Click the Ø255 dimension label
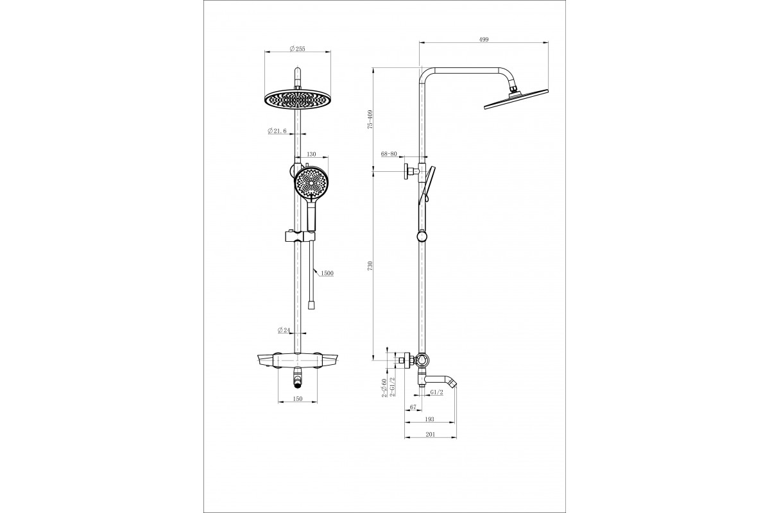coord(297,49)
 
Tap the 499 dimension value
coord(484,39)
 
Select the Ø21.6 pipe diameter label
coord(277,131)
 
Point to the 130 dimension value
coord(311,155)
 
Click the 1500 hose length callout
coord(327,273)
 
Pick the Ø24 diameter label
coord(284,330)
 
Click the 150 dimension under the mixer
coord(298,399)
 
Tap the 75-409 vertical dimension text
coord(370,119)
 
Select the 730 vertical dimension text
coord(370,265)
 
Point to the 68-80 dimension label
coord(389,154)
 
